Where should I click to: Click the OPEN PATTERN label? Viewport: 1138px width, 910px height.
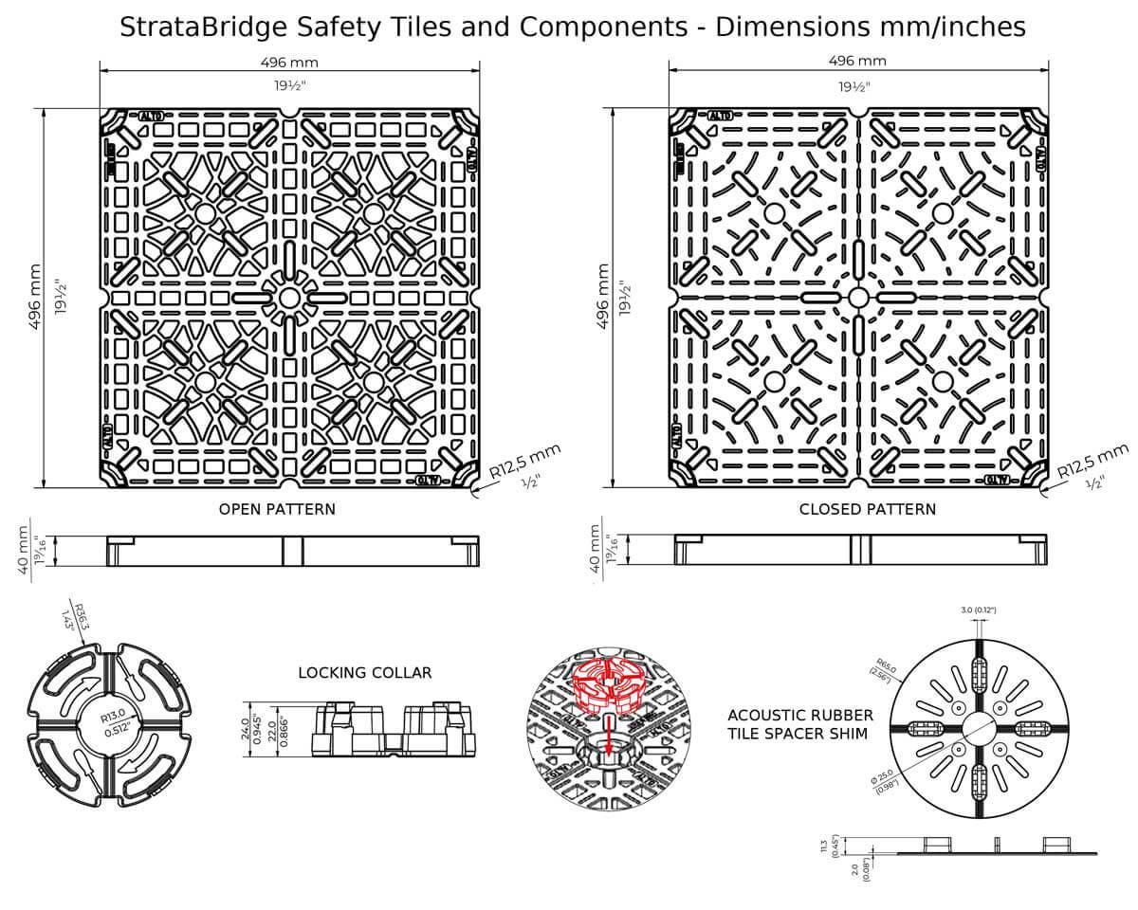(277, 509)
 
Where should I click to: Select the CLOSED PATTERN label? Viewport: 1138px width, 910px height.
(867, 509)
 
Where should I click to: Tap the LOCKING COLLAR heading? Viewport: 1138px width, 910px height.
(365, 673)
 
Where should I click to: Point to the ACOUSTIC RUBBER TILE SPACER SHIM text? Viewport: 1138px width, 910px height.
(800, 725)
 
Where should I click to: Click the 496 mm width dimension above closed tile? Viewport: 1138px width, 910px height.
(857, 61)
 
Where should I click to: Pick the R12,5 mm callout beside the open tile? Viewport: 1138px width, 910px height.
(526, 461)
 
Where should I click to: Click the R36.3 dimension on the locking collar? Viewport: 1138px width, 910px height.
(81, 617)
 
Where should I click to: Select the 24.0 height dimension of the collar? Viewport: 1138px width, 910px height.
(245, 728)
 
